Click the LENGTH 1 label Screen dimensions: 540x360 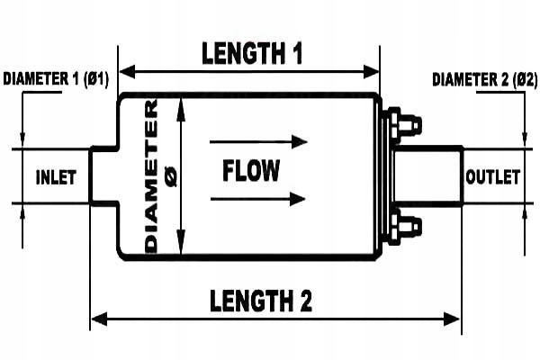coord(252,53)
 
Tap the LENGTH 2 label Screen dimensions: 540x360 coord(261,301)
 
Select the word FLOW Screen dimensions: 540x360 coord(251,170)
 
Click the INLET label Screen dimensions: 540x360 coord(56,177)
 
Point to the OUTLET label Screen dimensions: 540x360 coord(492,177)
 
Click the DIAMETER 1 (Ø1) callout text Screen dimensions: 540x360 coord(56,79)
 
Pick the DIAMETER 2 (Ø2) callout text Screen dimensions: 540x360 coord(484,79)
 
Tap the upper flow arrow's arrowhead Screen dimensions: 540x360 coord(300,141)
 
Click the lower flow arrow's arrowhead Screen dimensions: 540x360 coord(298,199)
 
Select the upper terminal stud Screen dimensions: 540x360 coord(404,125)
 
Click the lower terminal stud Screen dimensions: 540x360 coord(404,226)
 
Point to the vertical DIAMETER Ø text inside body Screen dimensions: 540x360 coord(160,176)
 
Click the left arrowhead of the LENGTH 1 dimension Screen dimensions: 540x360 coord(127,72)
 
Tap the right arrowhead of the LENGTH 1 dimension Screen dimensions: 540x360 coord(371,72)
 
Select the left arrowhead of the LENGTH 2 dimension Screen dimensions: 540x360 coord(100,319)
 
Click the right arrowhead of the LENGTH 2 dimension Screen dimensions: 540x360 coord(452,319)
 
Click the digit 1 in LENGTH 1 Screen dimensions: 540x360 coord(296,53)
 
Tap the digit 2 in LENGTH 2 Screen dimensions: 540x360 coord(304,301)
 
